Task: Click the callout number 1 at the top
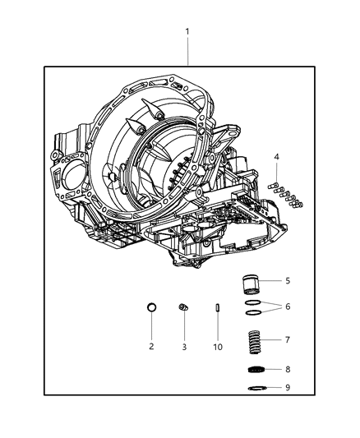(187, 32)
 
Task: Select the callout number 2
(151, 347)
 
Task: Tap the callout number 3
(184, 347)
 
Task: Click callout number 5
(287, 280)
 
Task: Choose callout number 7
(287, 339)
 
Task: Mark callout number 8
(287, 369)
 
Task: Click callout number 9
(287, 388)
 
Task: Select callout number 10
(219, 347)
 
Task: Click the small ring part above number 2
(151, 307)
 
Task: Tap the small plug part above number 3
(184, 307)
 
